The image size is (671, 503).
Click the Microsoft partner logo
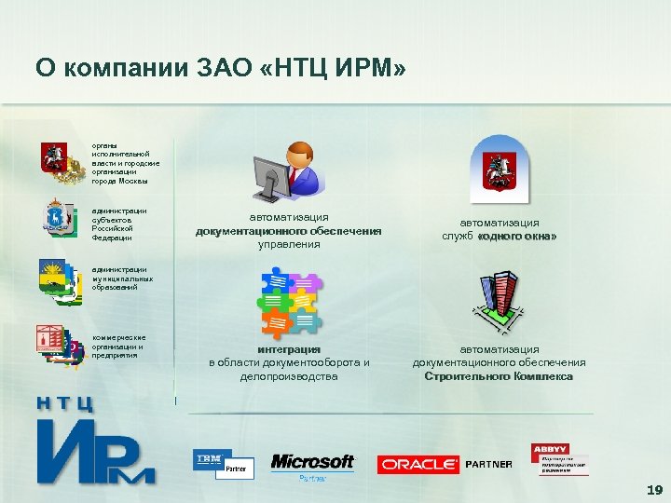click(x=312, y=464)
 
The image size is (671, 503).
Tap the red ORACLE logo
click(x=418, y=464)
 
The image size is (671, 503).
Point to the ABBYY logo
click(x=559, y=459)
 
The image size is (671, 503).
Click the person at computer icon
click(x=289, y=172)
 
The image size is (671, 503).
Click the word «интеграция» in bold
click(x=289, y=349)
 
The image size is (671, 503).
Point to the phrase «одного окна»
click(x=517, y=237)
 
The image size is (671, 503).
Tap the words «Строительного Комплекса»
click(x=499, y=376)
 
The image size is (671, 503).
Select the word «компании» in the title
click(x=116, y=68)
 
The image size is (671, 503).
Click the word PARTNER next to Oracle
click(x=489, y=464)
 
